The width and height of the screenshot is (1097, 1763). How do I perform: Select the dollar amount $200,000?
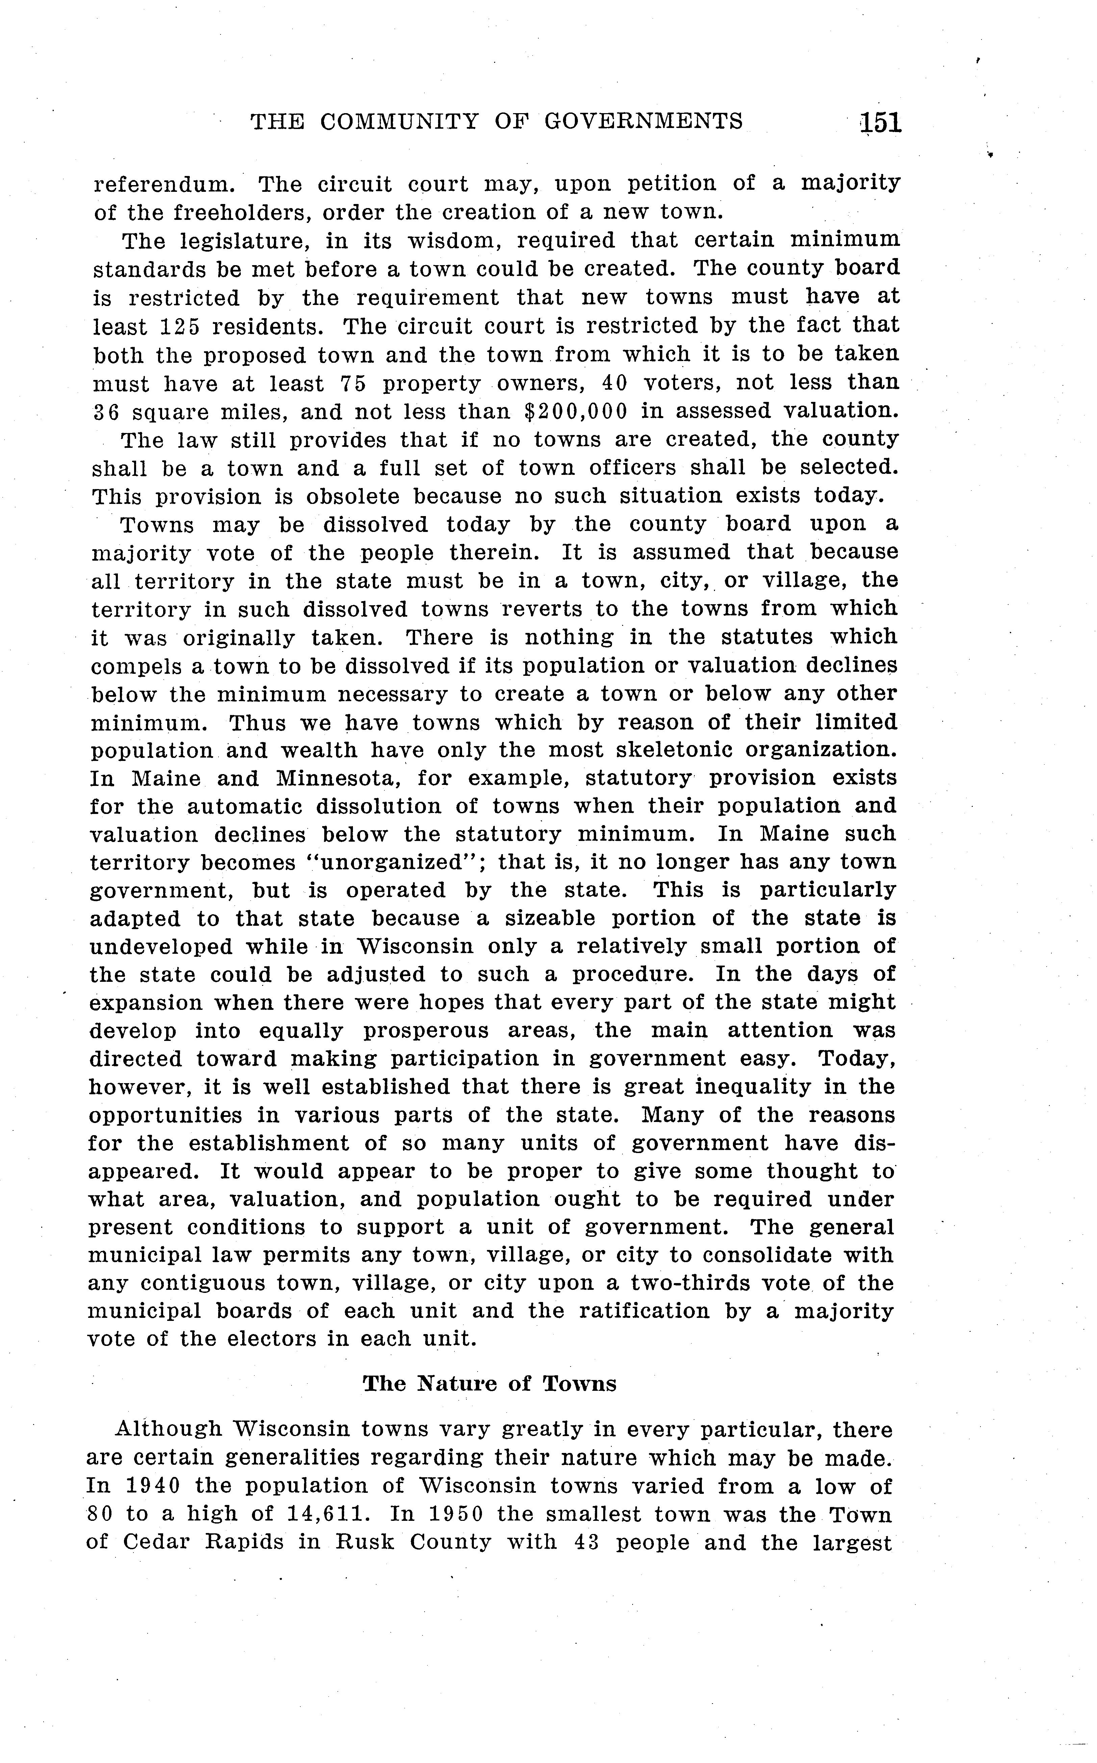coord(575,411)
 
